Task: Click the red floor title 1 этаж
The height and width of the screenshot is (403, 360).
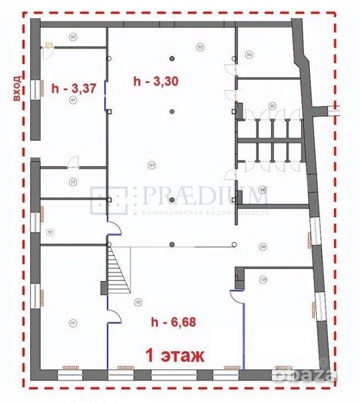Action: point(175,355)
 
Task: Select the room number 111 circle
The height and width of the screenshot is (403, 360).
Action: point(73,322)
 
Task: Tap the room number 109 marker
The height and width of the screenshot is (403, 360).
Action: point(262,246)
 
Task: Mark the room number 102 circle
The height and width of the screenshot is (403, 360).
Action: point(73,37)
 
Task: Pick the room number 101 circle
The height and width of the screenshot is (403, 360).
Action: point(73,101)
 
